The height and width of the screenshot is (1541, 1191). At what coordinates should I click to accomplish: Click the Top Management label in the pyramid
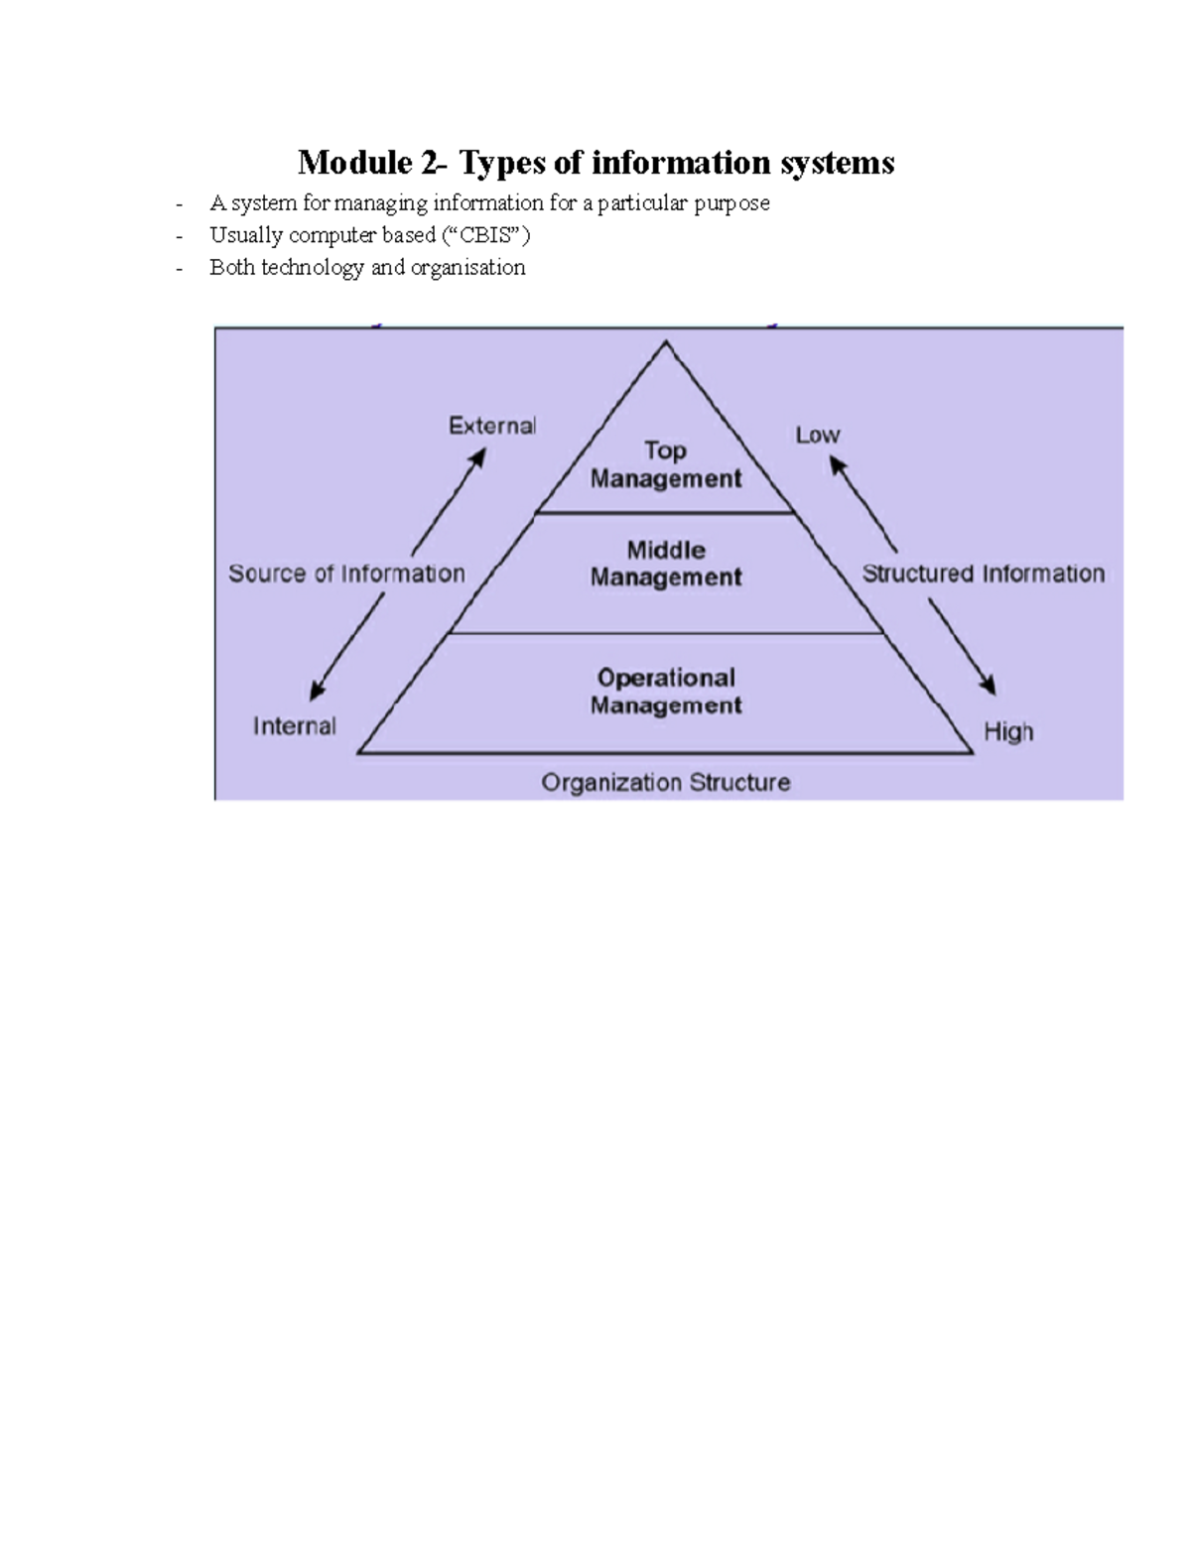[x=665, y=464]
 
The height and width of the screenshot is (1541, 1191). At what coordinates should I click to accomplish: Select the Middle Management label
[x=665, y=564]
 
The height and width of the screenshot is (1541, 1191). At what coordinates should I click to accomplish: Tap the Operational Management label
[x=665, y=692]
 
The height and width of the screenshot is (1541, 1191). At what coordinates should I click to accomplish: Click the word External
[x=492, y=426]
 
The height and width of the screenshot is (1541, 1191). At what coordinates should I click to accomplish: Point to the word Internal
[x=294, y=726]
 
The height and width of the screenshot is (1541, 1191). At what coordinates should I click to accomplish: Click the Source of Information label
[x=346, y=574]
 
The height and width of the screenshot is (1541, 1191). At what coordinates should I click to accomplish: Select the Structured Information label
[x=983, y=574]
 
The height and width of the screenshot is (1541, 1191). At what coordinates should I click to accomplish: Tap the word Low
[x=817, y=435]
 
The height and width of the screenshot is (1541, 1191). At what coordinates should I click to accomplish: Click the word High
[x=1007, y=731]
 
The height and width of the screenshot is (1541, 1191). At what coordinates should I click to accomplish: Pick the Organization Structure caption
[x=665, y=783]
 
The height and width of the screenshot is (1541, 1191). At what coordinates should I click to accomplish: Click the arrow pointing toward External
[x=450, y=500]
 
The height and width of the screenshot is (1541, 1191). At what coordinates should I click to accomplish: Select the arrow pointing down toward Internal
[x=346, y=647]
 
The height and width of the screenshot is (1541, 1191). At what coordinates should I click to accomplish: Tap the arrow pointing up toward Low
[x=862, y=503]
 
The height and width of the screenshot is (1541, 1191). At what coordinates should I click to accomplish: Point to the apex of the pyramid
[x=666, y=343]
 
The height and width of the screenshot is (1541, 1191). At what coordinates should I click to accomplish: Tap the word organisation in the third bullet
[x=467, y=267]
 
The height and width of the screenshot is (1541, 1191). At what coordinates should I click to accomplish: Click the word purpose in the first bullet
[x=732, y=203]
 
